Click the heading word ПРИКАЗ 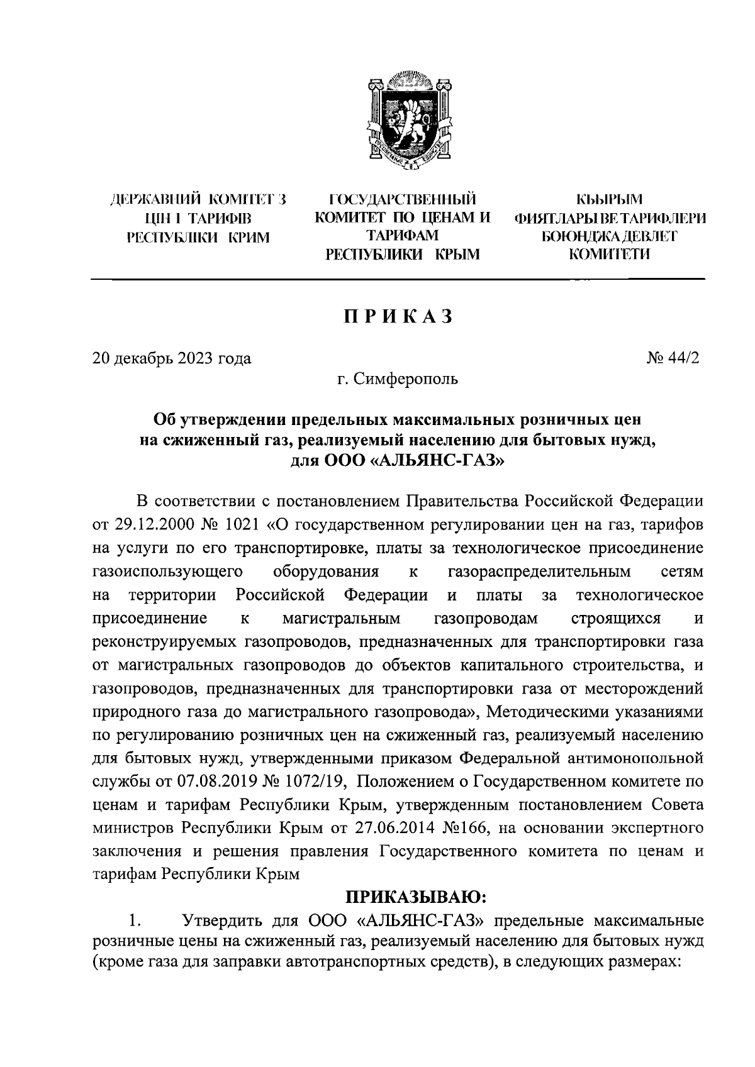tap(398, 317)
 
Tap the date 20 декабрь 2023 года tap(172, 358)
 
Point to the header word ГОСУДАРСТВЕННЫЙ tap(402, 201)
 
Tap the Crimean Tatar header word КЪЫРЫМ tap(610, 201)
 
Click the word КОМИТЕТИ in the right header tap(610, 254)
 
